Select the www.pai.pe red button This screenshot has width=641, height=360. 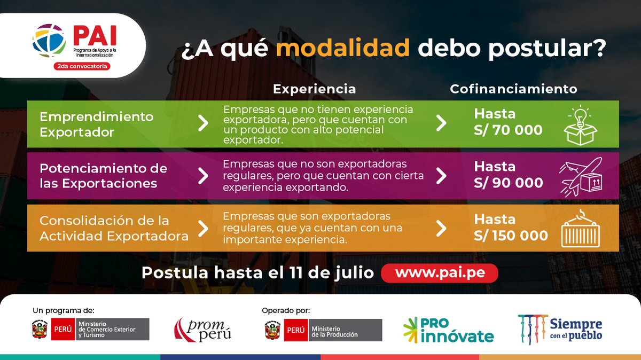pos(440,273)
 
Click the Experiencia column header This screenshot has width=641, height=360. pos(314,89)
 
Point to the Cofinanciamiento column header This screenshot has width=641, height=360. pos(513,89)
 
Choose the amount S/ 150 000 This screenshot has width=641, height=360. pos(511,236)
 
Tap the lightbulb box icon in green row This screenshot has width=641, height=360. pos(581,126)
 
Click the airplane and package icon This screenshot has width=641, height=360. pos(581,176)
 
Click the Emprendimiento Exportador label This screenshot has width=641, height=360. pos(97,124)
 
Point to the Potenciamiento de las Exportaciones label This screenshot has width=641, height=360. pos(103,176)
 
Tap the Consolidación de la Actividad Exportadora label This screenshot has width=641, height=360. pos(114,228)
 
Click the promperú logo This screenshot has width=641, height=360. pos(202,330)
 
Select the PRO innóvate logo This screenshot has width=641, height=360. pos(448,330)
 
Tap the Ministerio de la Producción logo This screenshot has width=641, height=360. pos(323,330)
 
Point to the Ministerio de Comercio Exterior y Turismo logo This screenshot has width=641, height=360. pos(91,330)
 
